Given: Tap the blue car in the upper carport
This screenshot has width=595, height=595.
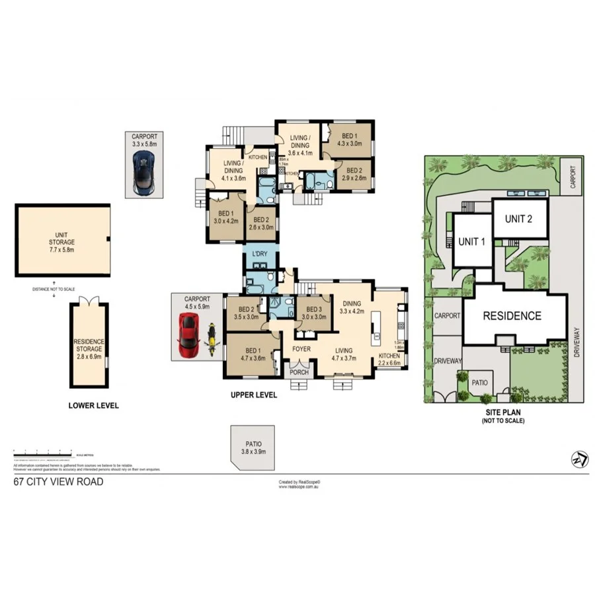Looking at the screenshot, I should [x=141, y=172].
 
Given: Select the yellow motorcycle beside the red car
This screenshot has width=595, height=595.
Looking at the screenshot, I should [x=212, y=337].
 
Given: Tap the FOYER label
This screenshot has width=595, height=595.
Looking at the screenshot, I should [x=301, y=348].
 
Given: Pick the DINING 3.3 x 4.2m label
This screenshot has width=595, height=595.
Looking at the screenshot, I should [x=352, y=305].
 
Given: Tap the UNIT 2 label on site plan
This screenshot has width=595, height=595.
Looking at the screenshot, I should [x=519, y=219].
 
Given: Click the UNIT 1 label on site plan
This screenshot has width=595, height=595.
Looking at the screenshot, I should [x=472, y=241].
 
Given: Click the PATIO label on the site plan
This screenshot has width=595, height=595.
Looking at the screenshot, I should [x=479, y=382].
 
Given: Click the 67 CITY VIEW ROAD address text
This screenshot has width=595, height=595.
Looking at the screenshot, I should [x=58, y=482].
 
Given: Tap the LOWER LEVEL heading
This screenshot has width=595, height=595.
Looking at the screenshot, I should [x=93, y=405].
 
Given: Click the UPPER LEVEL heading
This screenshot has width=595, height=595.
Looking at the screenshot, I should [x=253, y=395].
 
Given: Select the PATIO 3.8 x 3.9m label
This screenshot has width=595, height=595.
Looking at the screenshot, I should [x=251, y=448].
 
